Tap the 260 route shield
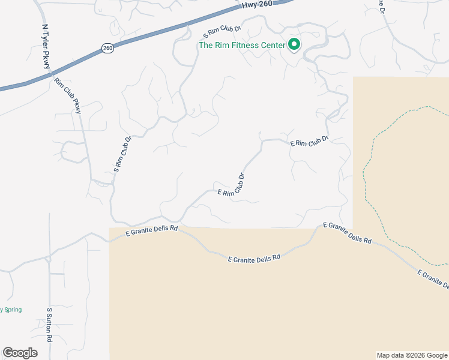click(x=107, y=48)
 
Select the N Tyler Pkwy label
click(x=46, y=47)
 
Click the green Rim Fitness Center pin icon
click(x=294, y=44)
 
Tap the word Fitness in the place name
click(x=243, y=45)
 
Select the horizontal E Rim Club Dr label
click(x=310, y=142)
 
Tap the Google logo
click(x=20, y=353)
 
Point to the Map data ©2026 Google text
click(x=412, y=355)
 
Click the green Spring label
click(x=12, y=310)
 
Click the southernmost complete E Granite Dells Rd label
click(x=255, y=258)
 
